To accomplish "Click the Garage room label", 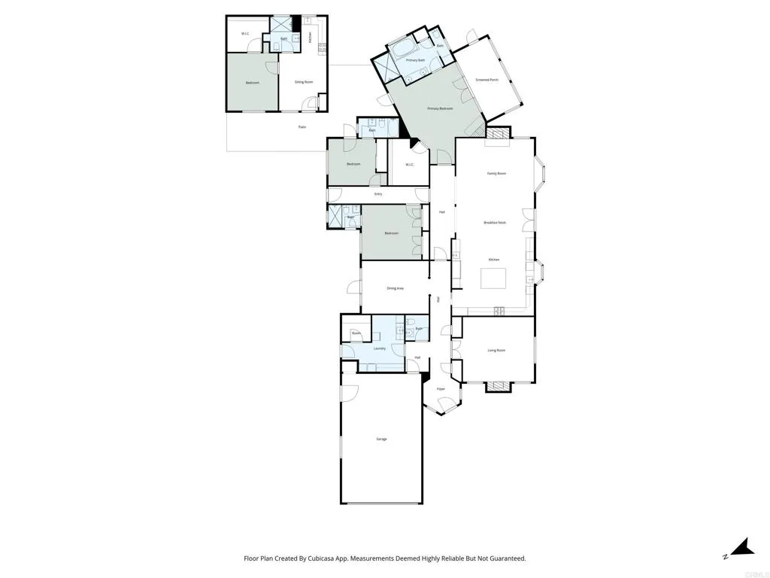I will tap(381, 439).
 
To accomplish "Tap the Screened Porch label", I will tap(487, 80).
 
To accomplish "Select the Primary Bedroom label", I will tap(440, 109).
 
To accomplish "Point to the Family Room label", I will tap(496, 174).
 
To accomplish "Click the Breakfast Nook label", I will tap(494, 223).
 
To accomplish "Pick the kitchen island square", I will tap(494, 279).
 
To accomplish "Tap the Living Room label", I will tap(496, 350).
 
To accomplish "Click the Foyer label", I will tap(441, 389).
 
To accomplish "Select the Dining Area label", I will tap(396, 288).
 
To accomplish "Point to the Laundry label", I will tap(380, 348).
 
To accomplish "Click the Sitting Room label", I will tap(304, 82).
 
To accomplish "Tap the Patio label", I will tap(302, 127).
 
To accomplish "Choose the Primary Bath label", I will tap(416, 60).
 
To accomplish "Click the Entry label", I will tap(378, 195).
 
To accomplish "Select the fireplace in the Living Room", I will tap(496, 387).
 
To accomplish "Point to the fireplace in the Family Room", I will tap(496, 133).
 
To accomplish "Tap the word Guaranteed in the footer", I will tap(505, 558).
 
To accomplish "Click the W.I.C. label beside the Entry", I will tap(410, 165).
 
